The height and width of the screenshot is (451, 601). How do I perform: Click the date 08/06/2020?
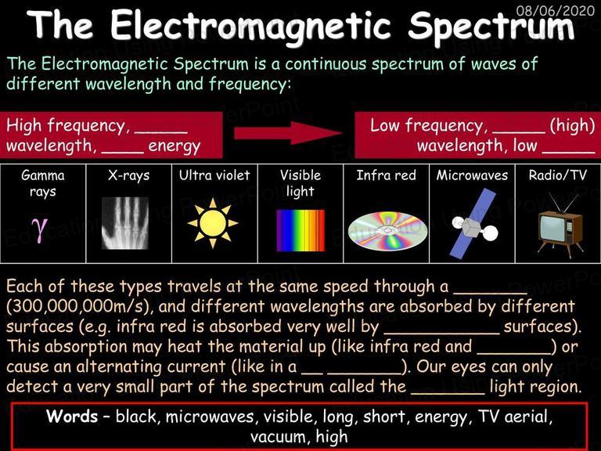pyautogui.click(x=555, y=10)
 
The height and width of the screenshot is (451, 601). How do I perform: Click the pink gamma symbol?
pyautogui.click(x=40, y=229)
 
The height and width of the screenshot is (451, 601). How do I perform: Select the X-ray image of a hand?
pyautogui.click(x=125, y=223)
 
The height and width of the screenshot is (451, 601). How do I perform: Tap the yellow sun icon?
pyautogui.click(x=213, y=223)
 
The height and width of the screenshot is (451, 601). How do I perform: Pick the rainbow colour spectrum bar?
pyautogui.click(x=300, y=230)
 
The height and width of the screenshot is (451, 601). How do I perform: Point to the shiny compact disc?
pyautogui.click(x=387, y=230)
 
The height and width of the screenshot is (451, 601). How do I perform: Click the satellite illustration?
pyautogui.click(x=474, y=224)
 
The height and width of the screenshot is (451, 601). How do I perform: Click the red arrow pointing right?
pyautogui.click(x=288, y=133)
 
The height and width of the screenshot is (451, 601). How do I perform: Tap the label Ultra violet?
pyautogui.click(x=214, y=175)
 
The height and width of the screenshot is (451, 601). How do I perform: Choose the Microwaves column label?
pyautogui.click(x=472, y=175)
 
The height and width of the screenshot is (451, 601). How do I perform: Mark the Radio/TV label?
pyautogui.click(x=558, y=175)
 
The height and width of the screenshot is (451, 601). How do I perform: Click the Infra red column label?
pyautogui.click(x=386, y=175)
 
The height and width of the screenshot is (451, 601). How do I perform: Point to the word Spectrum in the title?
pyautogui.click(x=491, y=26)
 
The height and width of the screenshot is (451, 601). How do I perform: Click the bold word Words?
pyautogui.click(x=72, y=416)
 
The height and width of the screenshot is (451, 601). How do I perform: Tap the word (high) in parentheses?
pyautogui.click(x=573, y=126)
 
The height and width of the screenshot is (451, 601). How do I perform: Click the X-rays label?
pyautogui.click(x=128, y=175)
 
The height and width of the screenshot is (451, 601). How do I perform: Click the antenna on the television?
pyautogui.click(x=563, y=202)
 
